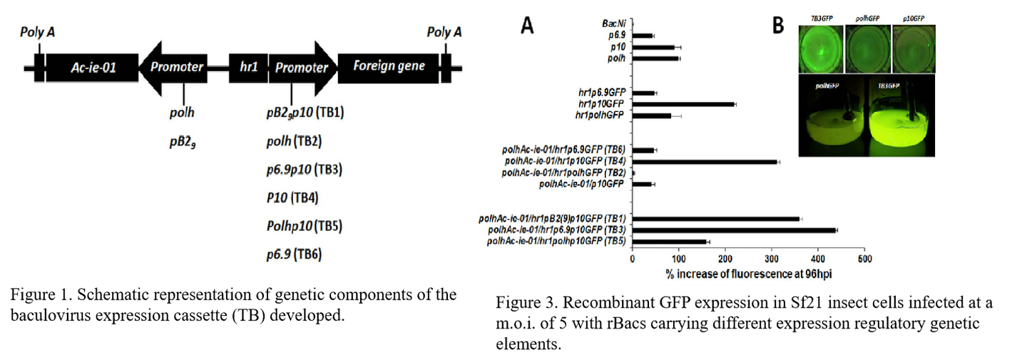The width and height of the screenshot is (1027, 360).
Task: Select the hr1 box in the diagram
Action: coord(248,68)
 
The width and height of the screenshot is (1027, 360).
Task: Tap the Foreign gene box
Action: coord(389,67)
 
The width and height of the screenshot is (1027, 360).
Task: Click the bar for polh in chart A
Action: coord(655,58)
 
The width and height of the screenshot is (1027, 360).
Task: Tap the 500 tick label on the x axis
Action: coord(864,257)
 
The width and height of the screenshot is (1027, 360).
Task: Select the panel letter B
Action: coord(778,26)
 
